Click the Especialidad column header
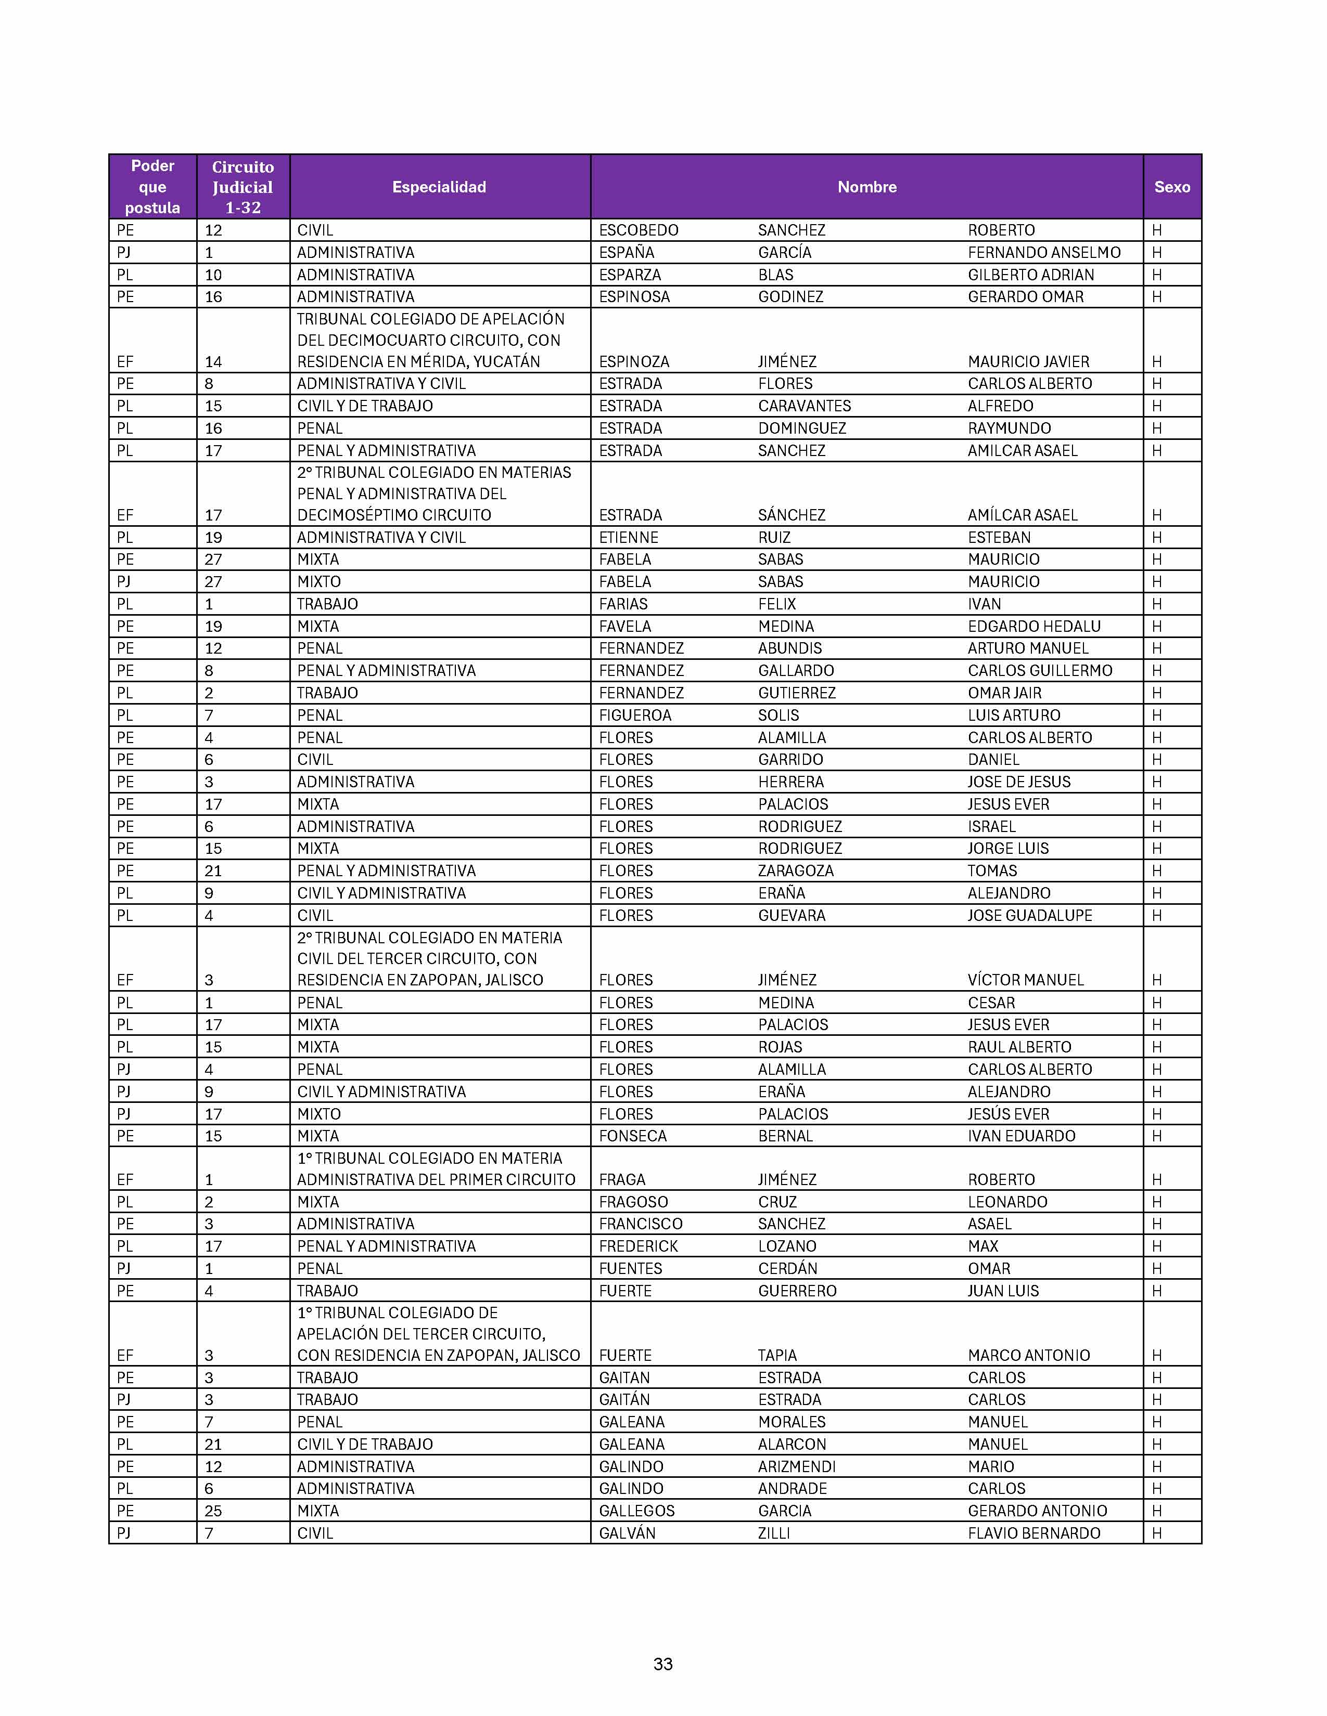coord(439,187)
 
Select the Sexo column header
coord(1171,187)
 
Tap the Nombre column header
coord(866,187)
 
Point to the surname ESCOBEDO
coord(639,230)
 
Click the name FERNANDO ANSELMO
coord(1044,252)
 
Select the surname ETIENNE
coord(628,538)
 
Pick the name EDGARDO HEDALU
coord(1034,626)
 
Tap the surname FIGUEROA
coord(634,715)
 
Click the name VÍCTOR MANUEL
coord(1025,980)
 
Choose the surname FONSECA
coord(632,1135)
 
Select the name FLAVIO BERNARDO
coord(1034,1533)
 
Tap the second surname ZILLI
coord(773,1533)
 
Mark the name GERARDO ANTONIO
coord(1037,1511)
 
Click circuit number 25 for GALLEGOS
coord(213,1511)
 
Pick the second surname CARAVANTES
coord(804,406)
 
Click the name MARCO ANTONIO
coord(1028,1355)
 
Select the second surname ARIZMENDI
coord(796,1467)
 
